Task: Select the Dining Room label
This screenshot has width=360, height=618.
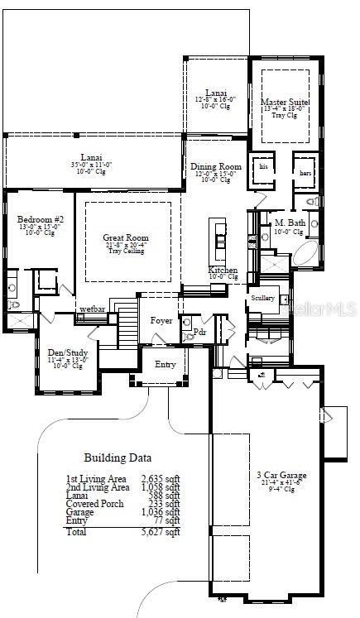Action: pos(216,167)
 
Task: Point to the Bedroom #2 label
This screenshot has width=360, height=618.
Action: pos(36,220)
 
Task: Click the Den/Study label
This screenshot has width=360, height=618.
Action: pos(65,352)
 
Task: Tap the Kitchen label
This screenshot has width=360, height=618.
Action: pos(223,271)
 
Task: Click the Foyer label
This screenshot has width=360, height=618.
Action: pos(161,320)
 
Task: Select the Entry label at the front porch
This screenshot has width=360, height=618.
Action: pos(166,364)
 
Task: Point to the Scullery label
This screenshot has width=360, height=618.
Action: pos(262,298)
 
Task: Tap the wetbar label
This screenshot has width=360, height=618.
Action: pos(92,310)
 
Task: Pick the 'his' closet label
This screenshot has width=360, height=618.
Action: pos(264,166)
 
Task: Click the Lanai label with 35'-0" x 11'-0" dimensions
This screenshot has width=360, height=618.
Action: pos(91,157)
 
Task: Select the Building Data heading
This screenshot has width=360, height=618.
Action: pos(118,458)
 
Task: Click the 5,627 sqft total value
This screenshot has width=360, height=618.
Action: pos(161,532)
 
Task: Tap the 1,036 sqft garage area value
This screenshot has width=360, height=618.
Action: pos(161,512)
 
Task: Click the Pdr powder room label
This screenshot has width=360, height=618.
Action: pos(199,332)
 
